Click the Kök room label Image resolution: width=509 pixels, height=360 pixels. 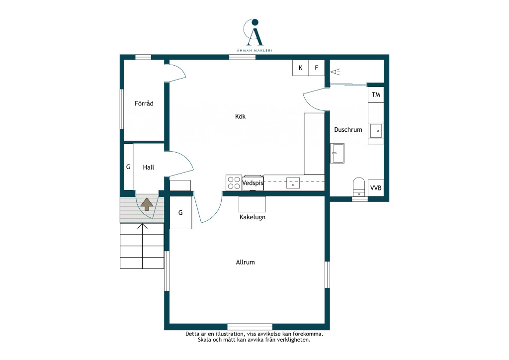point(240,116)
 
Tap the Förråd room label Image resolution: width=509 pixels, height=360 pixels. point(144,103)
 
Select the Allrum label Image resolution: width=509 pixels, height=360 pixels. point(245,262)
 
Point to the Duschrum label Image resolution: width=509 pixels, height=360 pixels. point(348,129)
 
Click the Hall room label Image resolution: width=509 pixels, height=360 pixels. point(148,167)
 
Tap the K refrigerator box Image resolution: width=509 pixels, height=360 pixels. point(300,68)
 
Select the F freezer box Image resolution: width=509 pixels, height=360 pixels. point(317,68)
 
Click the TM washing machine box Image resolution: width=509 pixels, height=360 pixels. point(376,95)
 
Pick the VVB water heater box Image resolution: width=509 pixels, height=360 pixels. point(376,188)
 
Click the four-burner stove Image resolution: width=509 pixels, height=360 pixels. point(234,183)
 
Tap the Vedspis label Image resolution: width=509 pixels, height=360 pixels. point(253,183)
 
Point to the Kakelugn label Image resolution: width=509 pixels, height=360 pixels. point(252,217)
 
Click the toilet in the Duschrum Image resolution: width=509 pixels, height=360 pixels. point(359,187)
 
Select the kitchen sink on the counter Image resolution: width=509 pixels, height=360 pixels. point(293,183)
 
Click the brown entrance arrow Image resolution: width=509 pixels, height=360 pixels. point(147,204)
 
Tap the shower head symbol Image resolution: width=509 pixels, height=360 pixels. point(336,72)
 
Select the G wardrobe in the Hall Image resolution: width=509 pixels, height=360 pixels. point(129,167)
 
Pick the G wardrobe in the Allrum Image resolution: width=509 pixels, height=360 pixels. point(180,213)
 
